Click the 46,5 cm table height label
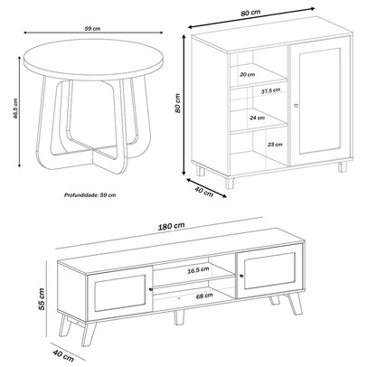pos(16,108)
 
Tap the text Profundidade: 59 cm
pos(89,195)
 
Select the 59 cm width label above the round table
pos(92,29)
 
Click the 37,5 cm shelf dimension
pos(270,90)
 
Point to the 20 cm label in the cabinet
pos(247,74)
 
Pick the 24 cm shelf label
pos(257,118)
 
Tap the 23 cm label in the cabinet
pos(275,145)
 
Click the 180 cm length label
pos(171,226)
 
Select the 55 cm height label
pos(42,299)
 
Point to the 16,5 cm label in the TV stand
pos(198,270)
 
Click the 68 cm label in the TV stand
pos(204,296)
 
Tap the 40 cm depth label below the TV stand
pos(63,355)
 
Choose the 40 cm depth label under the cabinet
pos(203,191)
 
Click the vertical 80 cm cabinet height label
pos(177,103)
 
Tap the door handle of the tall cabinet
pos(295,105)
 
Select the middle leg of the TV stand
pos(179,317)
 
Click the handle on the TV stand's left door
pos(151,289)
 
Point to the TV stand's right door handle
pos(241,276)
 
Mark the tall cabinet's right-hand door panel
pos(320,101)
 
